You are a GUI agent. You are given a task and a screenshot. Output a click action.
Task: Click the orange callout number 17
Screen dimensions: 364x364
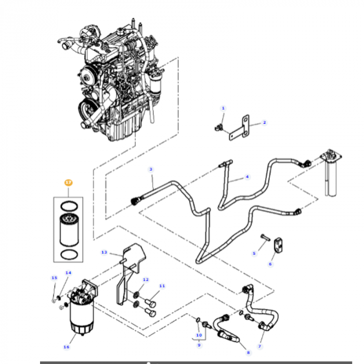(68, 183)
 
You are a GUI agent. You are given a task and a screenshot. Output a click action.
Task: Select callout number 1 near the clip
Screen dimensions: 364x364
(223, 108)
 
